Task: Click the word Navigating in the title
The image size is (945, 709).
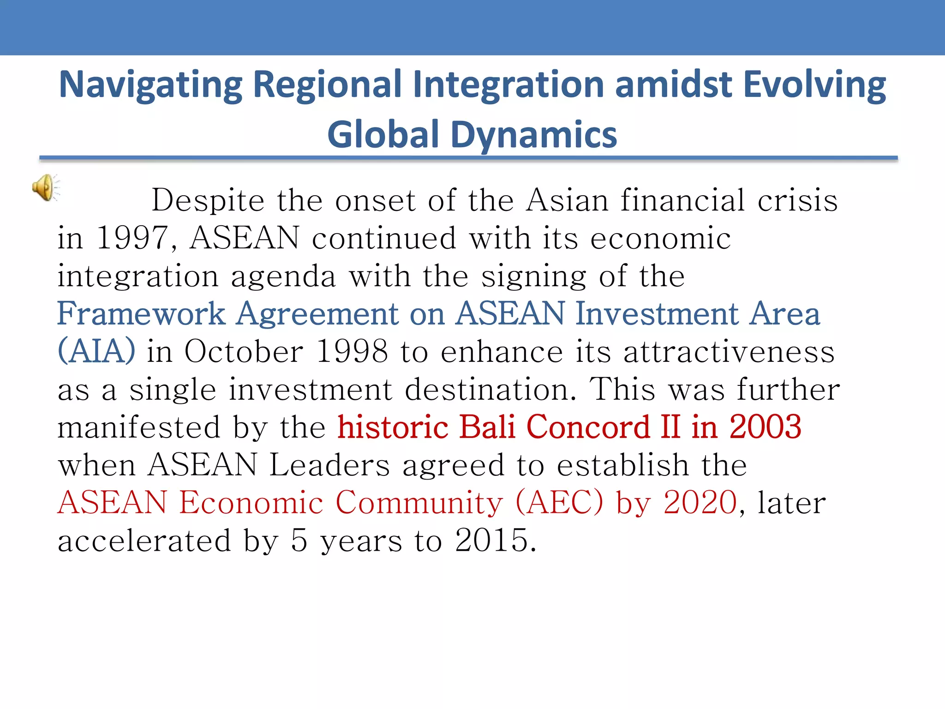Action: (151, 85)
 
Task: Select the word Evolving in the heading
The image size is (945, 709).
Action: (815, 85)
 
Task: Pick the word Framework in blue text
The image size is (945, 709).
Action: (141, 314)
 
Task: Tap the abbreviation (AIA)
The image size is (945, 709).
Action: (96, 352)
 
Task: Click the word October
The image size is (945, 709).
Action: (244, 352)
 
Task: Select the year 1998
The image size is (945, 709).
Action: (352, 352)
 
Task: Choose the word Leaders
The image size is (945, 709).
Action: (330, 465)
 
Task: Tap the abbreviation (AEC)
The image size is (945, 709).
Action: (559, 503)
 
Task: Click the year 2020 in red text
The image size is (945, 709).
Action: (700, 503)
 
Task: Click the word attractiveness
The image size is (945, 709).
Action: (729, 352)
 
